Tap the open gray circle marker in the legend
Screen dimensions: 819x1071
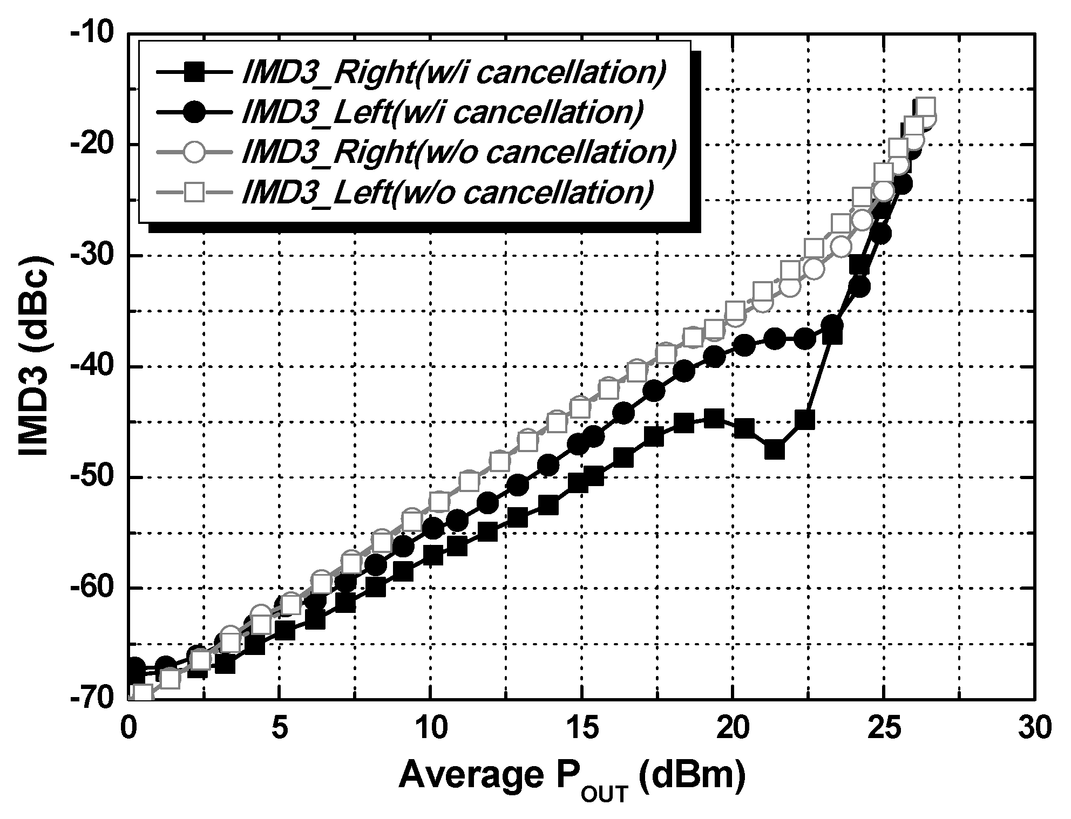click(193, 152)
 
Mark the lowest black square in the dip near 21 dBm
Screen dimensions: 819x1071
click(775, 449)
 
